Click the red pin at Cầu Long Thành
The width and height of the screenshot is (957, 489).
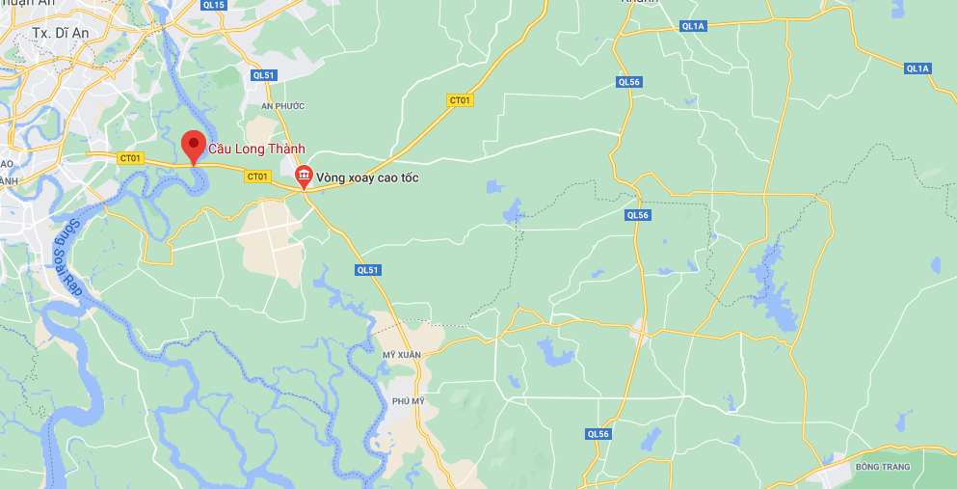click(194, 147)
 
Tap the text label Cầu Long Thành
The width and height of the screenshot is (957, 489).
click(256, 149)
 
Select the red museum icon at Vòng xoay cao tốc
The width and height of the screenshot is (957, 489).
click(305, 175)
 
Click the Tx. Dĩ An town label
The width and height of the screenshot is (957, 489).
click(61, 32)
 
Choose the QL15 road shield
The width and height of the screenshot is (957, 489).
click(214, 5)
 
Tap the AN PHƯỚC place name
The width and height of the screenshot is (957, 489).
click(282, 105)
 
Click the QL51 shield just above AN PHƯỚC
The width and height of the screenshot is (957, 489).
click(263, 74)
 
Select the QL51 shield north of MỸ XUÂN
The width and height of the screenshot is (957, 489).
click(367, 270)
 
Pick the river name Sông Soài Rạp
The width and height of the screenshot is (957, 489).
click(68, 256)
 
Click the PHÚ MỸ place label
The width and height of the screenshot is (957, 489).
click(408, 400)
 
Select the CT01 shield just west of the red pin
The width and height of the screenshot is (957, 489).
click(130, 158)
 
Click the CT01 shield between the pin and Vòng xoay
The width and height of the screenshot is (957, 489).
click(256, 176)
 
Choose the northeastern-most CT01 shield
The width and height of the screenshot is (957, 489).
click(461, 100)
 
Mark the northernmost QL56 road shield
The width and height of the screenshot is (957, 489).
click(628, 82)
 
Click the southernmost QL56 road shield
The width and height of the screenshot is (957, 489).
click(598, 434)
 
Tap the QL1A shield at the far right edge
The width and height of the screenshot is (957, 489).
click(917, 68)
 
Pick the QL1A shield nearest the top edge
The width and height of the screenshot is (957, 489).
click(693, 26)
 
